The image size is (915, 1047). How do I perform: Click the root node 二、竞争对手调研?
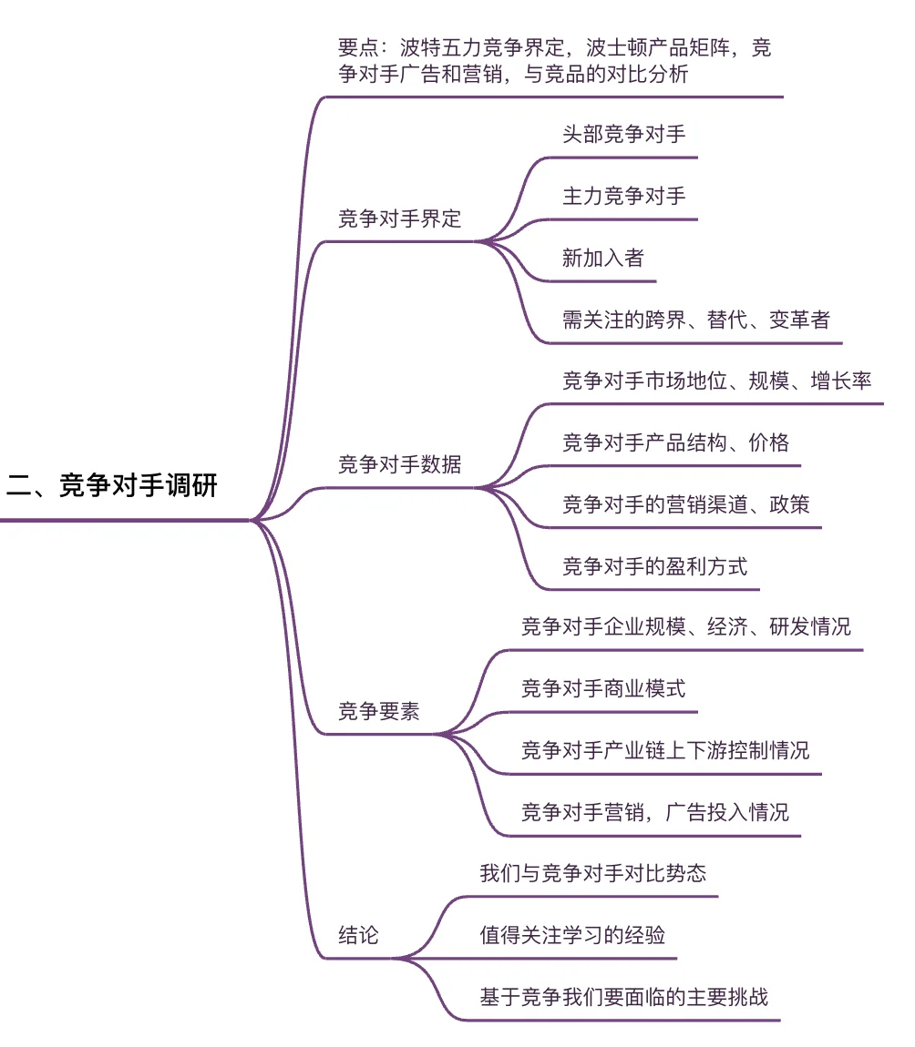[112, 486]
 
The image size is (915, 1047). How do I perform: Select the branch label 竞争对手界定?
[399, 219]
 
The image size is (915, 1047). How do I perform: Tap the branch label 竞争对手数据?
[399, 464]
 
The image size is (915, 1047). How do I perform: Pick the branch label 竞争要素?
[378, 711]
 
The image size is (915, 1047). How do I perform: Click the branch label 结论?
[358, 935]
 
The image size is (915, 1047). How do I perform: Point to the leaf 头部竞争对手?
[623, 135]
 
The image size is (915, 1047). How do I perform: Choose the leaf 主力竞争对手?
[623, 196]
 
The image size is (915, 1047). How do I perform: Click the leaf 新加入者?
[602, 258]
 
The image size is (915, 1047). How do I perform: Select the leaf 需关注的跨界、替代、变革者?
[695, 320]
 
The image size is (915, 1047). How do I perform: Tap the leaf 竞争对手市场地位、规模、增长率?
[716, 381]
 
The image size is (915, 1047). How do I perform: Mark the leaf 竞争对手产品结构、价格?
[675, 442]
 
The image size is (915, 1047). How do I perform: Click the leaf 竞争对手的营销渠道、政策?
[685, 504]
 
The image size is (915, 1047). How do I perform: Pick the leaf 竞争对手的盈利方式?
[654, 566]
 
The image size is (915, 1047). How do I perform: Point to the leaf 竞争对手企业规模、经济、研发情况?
[685, 627]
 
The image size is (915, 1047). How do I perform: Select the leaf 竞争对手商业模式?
[602, 688]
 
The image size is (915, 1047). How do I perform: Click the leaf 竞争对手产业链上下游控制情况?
[664, 750]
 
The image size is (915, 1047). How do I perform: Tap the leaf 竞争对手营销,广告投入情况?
[654, 812]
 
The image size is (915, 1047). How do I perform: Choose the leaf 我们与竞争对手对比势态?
[592, 873]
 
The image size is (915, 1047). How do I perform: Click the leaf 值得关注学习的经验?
[572, 935]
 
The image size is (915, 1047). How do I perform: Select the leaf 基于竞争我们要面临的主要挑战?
[623, 997]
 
